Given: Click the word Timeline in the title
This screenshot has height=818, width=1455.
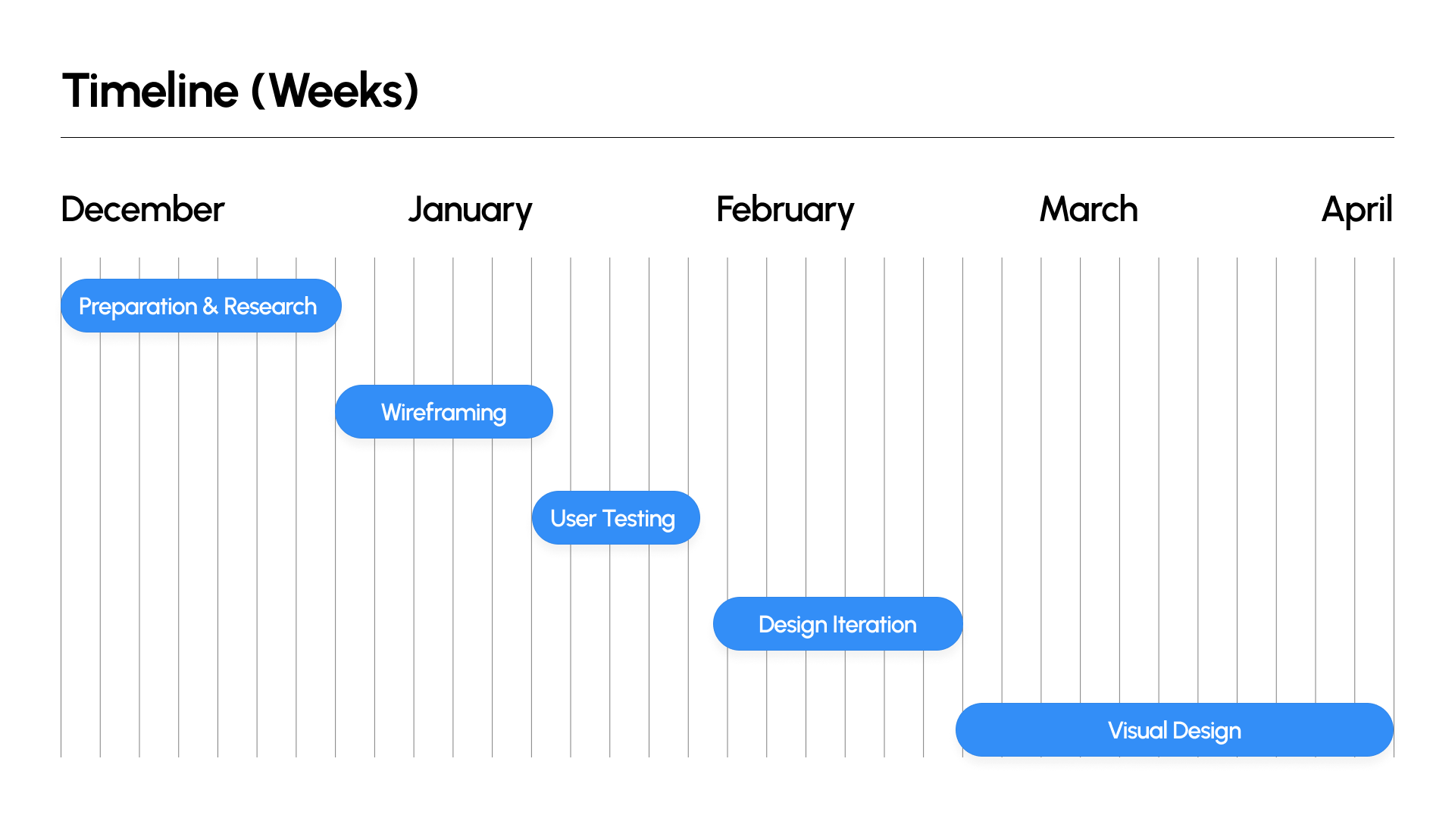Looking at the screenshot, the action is point(150,91).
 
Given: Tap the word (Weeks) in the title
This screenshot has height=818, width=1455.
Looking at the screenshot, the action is point(335,92).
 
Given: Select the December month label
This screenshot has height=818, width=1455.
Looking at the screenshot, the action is point(142,209).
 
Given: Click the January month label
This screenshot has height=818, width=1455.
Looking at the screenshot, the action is point(471,211).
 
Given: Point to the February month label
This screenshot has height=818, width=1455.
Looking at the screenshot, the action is point(785,211).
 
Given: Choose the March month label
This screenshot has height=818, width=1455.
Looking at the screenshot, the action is point(1089,209).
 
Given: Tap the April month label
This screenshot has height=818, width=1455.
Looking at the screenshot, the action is point(1357,211).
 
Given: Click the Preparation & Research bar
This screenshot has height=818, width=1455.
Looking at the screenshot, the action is point(201,306).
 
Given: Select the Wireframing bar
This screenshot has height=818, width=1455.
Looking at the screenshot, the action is point(444,412).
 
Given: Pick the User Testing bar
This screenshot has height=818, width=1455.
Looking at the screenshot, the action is point(615,518).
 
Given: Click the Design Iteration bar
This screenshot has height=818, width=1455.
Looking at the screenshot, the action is point(837,624).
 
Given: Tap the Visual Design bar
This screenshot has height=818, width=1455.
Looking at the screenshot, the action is point(1175,730).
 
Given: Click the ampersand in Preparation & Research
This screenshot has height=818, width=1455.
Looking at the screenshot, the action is point(210,307).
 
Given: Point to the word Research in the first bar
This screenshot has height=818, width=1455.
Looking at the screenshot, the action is point(271,307).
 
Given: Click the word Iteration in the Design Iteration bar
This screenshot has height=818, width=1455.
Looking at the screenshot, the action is point(875,625).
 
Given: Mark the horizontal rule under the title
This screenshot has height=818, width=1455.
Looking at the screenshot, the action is point(727,137).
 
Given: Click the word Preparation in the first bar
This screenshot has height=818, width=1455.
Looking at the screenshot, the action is point(138,308).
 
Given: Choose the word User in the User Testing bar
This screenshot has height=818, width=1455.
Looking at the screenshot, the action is point(574,519).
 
